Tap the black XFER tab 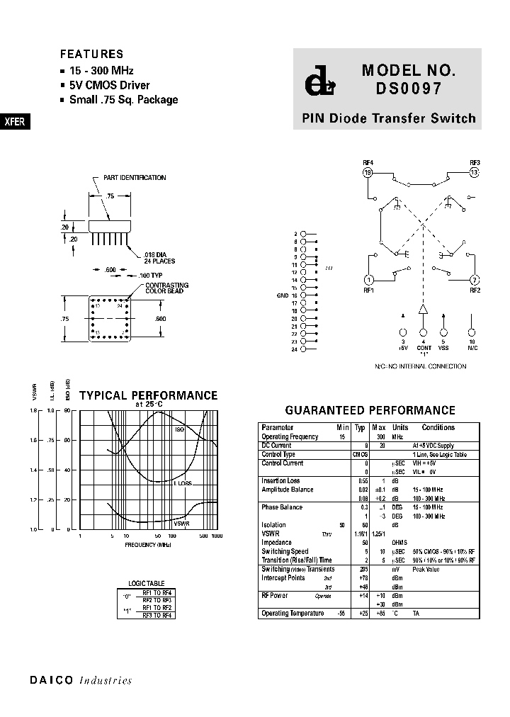pos(15,121)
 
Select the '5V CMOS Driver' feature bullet pos(109,86)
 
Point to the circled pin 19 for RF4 pos(368,172)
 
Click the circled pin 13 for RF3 pos(475,172)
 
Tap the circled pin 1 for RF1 pos(368,280)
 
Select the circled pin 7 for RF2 pos(475,280)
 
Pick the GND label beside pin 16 pos(283,295)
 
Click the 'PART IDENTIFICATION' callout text pos(135,178)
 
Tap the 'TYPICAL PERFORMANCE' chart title pos(148,395)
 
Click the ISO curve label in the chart pos(179,429)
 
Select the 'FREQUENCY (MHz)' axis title pos(148,545)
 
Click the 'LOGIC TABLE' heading pos(146,583)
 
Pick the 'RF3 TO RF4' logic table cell pos(157,615)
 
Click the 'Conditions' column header pos(438,427)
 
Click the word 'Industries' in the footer pos(106,681)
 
